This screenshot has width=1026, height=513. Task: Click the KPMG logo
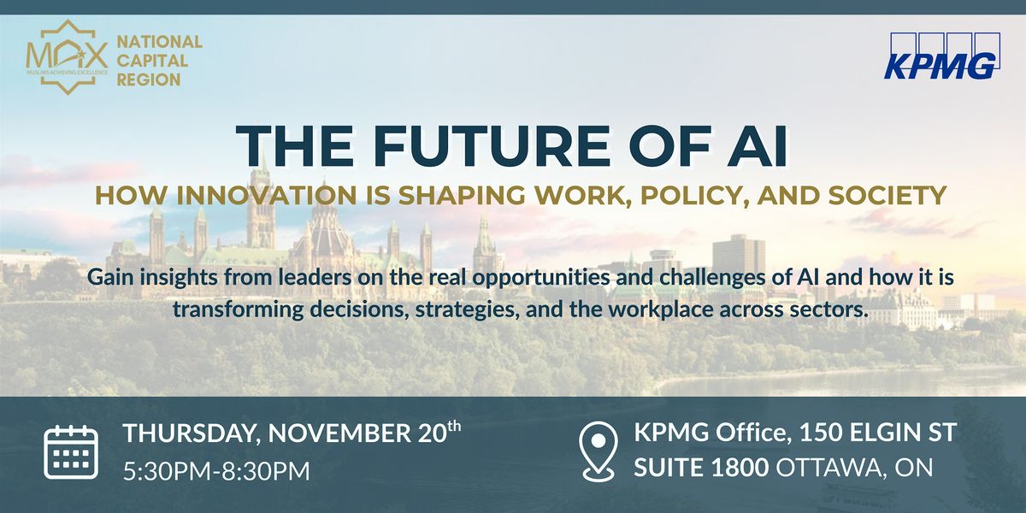click(942, 56)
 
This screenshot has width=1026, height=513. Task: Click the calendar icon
click(71, 451)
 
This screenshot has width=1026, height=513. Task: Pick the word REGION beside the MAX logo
click(148, 80)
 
